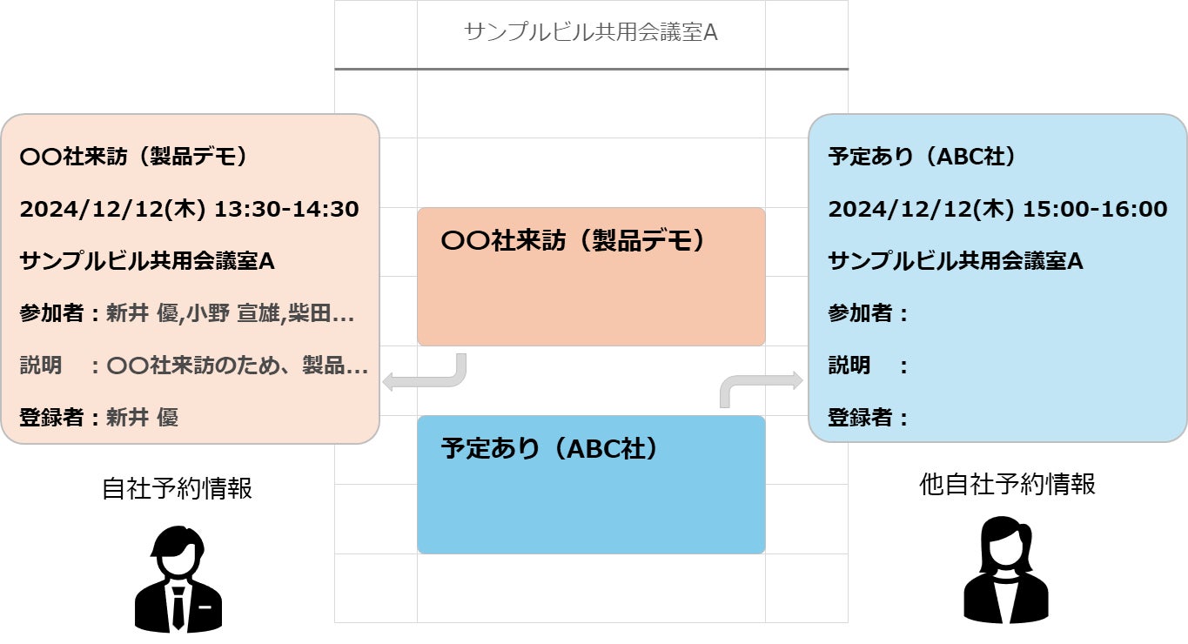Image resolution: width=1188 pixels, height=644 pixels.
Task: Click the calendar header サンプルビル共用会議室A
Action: tap(591, 33)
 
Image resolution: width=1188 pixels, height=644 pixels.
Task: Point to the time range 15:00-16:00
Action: tap(1095, 209)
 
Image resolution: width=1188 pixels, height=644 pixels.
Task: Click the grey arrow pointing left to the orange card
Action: tap(426, 375)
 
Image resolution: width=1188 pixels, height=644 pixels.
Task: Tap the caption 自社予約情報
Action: tap(177, 488)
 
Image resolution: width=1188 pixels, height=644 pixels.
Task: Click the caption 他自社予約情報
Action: tap(1007, 484)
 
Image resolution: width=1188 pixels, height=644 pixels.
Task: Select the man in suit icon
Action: tap(178, 579)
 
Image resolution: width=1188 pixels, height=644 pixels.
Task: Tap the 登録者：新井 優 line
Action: tap(99, 418)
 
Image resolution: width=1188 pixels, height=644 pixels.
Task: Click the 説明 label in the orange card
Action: tap(41, 366)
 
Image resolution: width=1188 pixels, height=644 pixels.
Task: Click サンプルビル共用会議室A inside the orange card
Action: tap(147, 261)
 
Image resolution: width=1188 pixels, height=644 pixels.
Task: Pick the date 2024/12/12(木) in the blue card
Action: tap(920, 209)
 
